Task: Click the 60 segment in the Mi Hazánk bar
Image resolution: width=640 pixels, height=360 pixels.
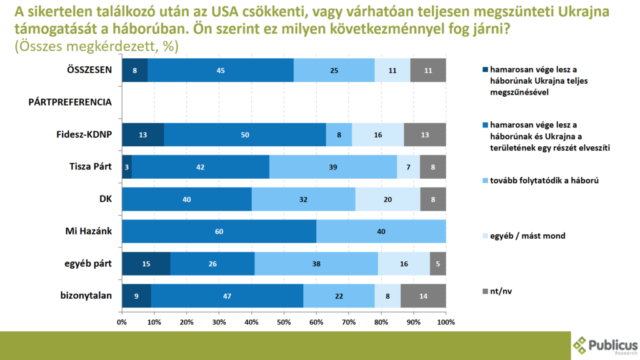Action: tap(219, 231)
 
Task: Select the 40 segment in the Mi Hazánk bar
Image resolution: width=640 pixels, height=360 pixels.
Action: tap(381, 231)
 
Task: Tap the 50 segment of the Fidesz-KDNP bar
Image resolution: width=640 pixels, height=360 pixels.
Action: tap(245, 134)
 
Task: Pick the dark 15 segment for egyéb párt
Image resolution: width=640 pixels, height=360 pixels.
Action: tap(146, 264)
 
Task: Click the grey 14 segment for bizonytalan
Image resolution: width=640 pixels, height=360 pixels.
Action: tap(423, 296)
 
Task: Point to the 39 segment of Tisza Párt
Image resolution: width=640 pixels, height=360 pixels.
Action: tap(333, 167)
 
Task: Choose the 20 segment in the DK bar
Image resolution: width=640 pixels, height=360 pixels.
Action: tap(387, 199)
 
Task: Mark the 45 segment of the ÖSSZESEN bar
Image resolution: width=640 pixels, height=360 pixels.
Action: tap(221, 70)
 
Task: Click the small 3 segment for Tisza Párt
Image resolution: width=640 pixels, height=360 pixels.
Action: tap(127, 167)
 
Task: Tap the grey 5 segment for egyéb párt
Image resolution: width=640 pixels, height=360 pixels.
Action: tap(438, 264)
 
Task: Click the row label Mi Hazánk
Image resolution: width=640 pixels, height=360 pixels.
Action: tap(89, 231)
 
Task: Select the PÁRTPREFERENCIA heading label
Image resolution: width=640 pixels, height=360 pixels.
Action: tap(70, 102)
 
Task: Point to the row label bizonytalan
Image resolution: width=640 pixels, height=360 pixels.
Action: tap(86, 296)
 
